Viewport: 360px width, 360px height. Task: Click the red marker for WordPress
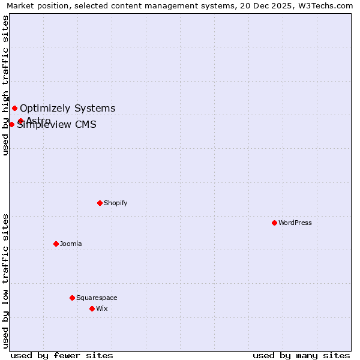tap(274, 223)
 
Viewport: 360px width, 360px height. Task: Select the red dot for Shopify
tap(100, 203)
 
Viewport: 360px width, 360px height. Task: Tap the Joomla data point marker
tap(56, 244)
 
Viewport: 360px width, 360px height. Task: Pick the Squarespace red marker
tap(72, 298)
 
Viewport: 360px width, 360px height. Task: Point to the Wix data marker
tap(92, 308)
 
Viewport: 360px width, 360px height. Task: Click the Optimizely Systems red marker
tap(14, 108)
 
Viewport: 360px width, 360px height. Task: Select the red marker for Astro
tap(20, 121)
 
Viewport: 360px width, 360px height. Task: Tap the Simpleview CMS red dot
tap(11, 124)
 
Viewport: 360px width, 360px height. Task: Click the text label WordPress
tap(295, 223)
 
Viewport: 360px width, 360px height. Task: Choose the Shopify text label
tap(116, 203)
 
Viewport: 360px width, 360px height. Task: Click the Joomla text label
tap(71, 244)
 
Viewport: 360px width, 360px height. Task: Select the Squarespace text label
tap(97, 298)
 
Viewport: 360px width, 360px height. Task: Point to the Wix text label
tap(102, 308)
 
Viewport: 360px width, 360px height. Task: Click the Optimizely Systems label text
tap(68, 108)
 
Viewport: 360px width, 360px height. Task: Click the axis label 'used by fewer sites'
tap(62, 355)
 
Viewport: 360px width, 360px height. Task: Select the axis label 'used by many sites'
tap(301, 355)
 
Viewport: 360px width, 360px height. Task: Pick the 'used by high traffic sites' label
tap(5, 85)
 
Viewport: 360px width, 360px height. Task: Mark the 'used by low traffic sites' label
tap(5, 280)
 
